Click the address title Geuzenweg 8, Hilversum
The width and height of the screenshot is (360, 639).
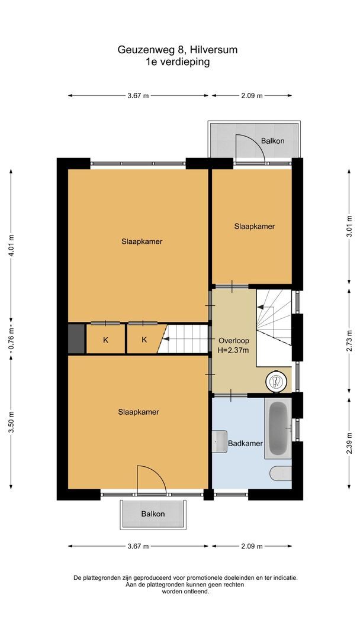pos(178,50)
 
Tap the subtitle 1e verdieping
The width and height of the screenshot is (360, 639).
pos(178,62)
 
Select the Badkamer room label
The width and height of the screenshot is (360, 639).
pos(245,443)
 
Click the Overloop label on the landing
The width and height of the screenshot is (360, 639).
pos(233,341)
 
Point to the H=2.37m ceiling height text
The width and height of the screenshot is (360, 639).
pos(233,350)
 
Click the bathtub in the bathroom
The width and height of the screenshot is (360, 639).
pos(278,428)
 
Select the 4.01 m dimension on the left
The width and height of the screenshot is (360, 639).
pos(11,246)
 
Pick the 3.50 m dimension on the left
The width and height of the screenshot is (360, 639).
pos(11,422)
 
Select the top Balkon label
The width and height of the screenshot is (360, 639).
pos(272,141)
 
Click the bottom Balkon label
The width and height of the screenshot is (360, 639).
pos(153,514)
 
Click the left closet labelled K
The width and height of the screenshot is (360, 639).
pos(105,340)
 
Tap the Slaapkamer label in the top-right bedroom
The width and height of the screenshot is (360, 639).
pos(254,226)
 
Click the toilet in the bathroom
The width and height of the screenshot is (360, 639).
pos(280,473)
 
